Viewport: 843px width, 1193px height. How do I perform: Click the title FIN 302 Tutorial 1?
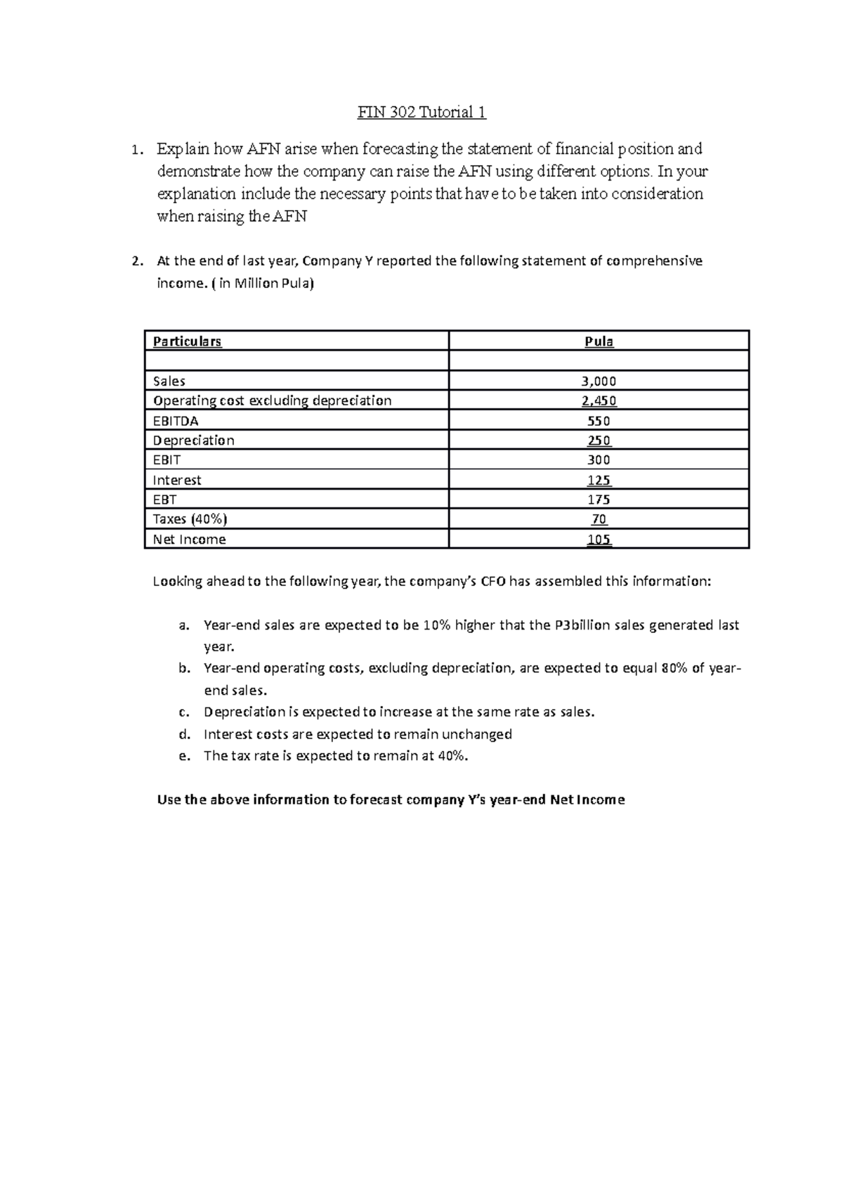pyautogui.click(x=421, y=112)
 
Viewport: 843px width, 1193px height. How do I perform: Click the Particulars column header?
pyautogui.click(x=187, y=341)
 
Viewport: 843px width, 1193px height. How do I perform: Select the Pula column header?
pyautogui.click(x=599, y=341)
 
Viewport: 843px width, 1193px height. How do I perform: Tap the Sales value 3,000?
pyautogui.click(x=599, y=382)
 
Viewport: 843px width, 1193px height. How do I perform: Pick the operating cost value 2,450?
pyautogui.click(x=599, y=401)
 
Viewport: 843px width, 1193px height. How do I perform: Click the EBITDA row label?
pyautogui.click(x=176, y=421)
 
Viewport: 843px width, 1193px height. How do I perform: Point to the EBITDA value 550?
pyautogui.click(x=599, y=421)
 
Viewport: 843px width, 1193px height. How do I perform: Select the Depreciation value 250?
pyautogui.click(x=599, y=441)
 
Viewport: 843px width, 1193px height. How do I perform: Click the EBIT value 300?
pyautogui.click(x=599, y=460)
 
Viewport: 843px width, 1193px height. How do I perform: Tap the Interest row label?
pyautogui.click(x=177, y=480)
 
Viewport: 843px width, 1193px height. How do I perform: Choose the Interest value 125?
pyautogui.click(x=599, y=481)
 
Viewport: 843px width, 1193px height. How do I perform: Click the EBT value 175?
pyautogui.click(x=599, y=500)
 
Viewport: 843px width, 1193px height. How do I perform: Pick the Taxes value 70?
pyautogui.click(x=599, y=519)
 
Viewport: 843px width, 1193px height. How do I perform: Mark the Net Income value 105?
pyautogui.click(x=599, y=540)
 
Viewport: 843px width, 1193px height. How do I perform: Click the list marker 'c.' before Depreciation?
pyautogui.click(x=184, y=712)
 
